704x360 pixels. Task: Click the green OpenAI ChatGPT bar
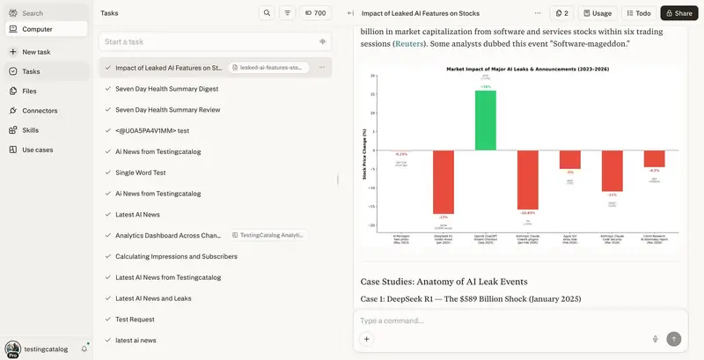click(485, 120)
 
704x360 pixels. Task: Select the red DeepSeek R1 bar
click(443, 180)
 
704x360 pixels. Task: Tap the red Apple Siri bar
click(569, 159)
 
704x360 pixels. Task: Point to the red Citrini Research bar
click(654, 158)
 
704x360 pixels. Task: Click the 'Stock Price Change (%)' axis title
click(364, 155)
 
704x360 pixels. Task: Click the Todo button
click(638, 13)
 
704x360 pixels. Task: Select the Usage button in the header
click(597, 13)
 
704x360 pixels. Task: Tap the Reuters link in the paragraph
click(409, 43)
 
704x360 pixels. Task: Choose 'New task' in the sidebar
click(36, 52)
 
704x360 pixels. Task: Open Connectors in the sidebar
click(40, 110)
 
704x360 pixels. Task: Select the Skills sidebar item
click(30, 129)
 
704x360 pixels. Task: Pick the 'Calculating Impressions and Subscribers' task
click(176, 256)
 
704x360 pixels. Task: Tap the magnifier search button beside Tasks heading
click(266, 13)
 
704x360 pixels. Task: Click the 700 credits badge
click(314, 13)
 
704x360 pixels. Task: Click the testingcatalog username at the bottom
click(47, 349)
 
